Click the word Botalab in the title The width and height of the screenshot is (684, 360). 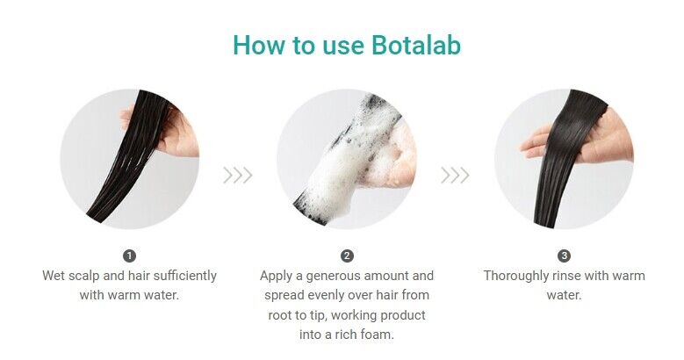[x=416, y=45]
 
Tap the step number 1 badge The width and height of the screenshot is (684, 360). [x=130, y=256]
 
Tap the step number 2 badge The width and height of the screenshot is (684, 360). [x=347, y=256]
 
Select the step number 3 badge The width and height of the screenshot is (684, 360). [x=564, y=256]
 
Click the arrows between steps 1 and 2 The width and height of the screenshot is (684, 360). [x=238, y=176]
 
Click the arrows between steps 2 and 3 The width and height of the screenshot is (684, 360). [x=455, y=176]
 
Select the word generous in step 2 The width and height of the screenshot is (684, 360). [x=334, y=277]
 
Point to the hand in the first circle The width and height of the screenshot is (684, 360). [x=175, y=131]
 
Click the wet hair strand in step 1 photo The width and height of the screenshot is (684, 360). [x=126, y=157]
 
